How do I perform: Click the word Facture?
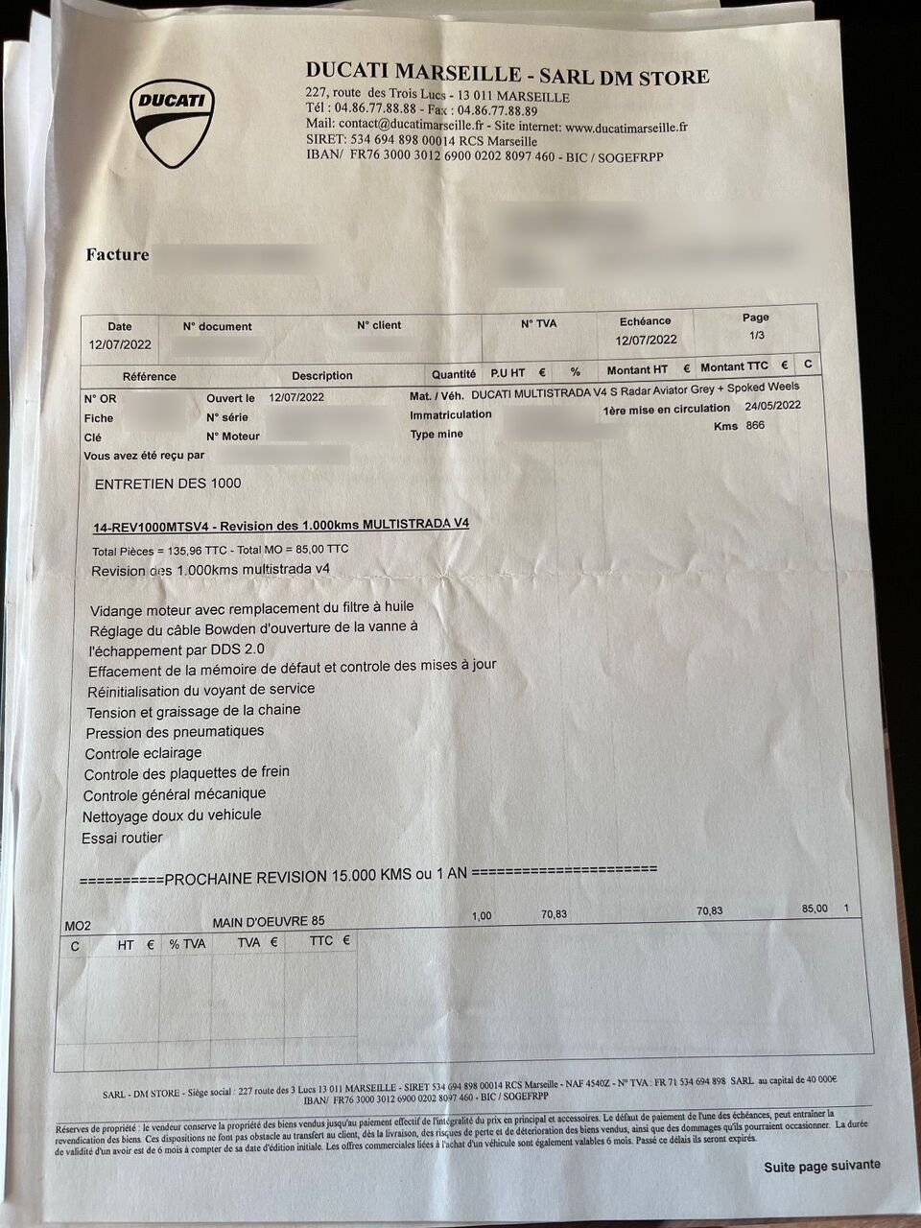(x=117, y=255)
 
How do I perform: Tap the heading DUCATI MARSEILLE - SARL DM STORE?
(x=508, y=75)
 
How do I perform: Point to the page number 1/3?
(x=755, y=335)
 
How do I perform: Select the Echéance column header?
(x=646, y=321)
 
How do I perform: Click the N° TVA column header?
(x=538, y=324)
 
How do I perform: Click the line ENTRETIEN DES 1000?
(x=168, y=484)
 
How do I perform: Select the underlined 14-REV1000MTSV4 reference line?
(x=281, y=525)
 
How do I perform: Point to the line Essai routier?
(x=122, y=838)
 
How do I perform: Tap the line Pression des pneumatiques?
(x=175, y=731)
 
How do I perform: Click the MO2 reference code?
(x=78, y=926)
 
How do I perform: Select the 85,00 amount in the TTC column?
(x=814, y=909)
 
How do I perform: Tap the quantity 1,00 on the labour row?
(x=482, y=916)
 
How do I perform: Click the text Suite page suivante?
(x=821, y=1166)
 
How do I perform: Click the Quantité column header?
(x=453, y=374)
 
